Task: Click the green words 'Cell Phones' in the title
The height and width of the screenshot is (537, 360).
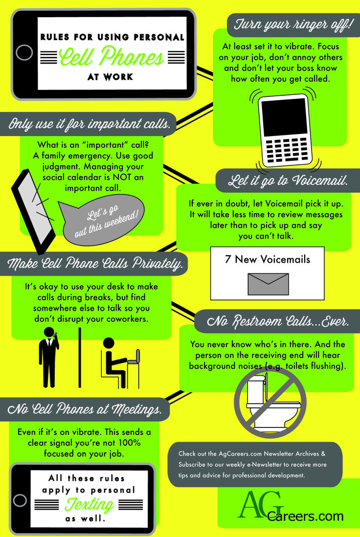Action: [112, 56]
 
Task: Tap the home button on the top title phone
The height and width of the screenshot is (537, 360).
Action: [24, 53]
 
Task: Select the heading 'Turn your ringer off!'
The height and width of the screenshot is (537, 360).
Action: [292, 25]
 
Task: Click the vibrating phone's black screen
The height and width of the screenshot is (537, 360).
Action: [285, 117]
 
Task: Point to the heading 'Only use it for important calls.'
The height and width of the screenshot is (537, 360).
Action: [89, 124]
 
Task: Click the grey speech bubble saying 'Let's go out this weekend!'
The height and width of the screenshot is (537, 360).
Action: [102, 219]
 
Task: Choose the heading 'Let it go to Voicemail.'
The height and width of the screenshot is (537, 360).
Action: [288, 180]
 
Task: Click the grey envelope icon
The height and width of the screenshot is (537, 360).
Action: [268, 284]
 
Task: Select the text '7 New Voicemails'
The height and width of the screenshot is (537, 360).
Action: [268, 259]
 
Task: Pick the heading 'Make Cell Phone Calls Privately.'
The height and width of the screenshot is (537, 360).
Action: [95, 263]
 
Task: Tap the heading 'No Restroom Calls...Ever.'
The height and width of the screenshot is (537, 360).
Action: [278, 321]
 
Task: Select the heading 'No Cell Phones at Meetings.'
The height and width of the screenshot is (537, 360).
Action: [84, 409]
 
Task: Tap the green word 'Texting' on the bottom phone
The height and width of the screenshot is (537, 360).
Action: [89, 504]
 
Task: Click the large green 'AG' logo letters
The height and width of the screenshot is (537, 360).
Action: [261, 504]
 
